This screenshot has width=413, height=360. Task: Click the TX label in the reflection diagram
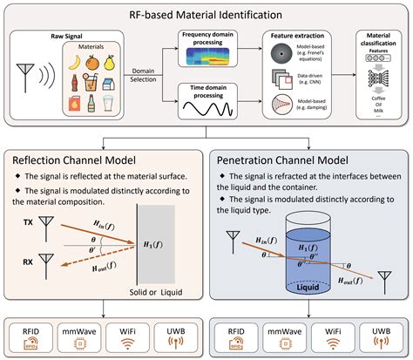coord(29,223)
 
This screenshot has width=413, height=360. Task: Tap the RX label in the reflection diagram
coord(29,259)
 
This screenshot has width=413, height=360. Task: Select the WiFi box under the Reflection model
coord(127,337)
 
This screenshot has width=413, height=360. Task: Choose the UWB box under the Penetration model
coord(380,337)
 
